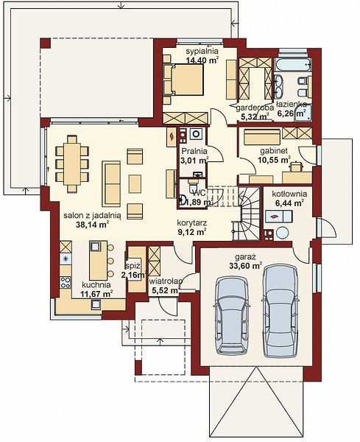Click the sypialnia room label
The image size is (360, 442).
pos(202,51)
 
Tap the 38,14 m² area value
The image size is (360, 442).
pos(93,225)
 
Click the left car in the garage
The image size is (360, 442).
pos(232,315)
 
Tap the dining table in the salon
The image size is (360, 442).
pos(72,164)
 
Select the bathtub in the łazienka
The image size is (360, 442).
pos(294,66)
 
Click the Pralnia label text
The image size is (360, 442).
pos(194,151)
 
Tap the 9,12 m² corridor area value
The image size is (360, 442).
pos(192,232)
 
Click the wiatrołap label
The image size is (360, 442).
pos(166,281)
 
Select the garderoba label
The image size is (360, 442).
pos(255,108)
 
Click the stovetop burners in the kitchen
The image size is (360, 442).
pos(66,282)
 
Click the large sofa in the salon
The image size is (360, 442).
pos(111,183)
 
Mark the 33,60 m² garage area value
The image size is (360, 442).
pos(245,266)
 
